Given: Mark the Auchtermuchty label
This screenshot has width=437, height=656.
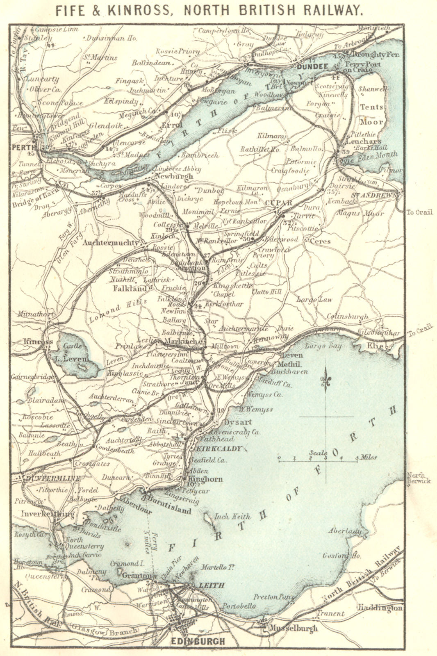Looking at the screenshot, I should coord(111,243).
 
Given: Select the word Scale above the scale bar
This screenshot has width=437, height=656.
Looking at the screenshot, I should coord(318,453).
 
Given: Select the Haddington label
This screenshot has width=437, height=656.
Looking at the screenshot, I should coord(380,608).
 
